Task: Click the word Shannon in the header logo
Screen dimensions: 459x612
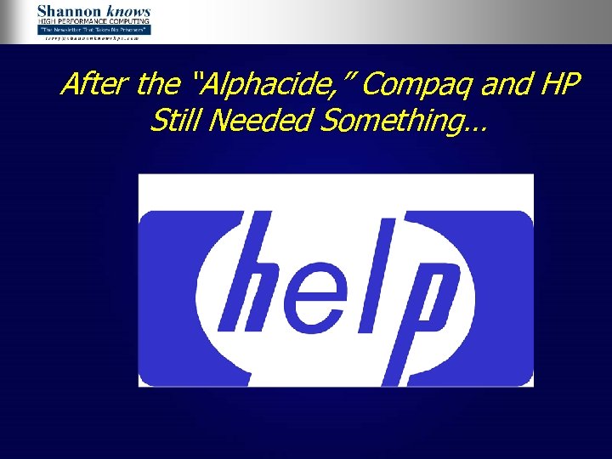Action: [x=65, y=12]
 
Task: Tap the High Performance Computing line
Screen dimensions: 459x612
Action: [x=93, y=21]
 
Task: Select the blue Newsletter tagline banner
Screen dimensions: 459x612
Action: [x=93, y=30]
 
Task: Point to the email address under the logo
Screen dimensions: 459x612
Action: [x=93, y=37]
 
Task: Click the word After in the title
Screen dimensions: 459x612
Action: [x=94, y=85]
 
